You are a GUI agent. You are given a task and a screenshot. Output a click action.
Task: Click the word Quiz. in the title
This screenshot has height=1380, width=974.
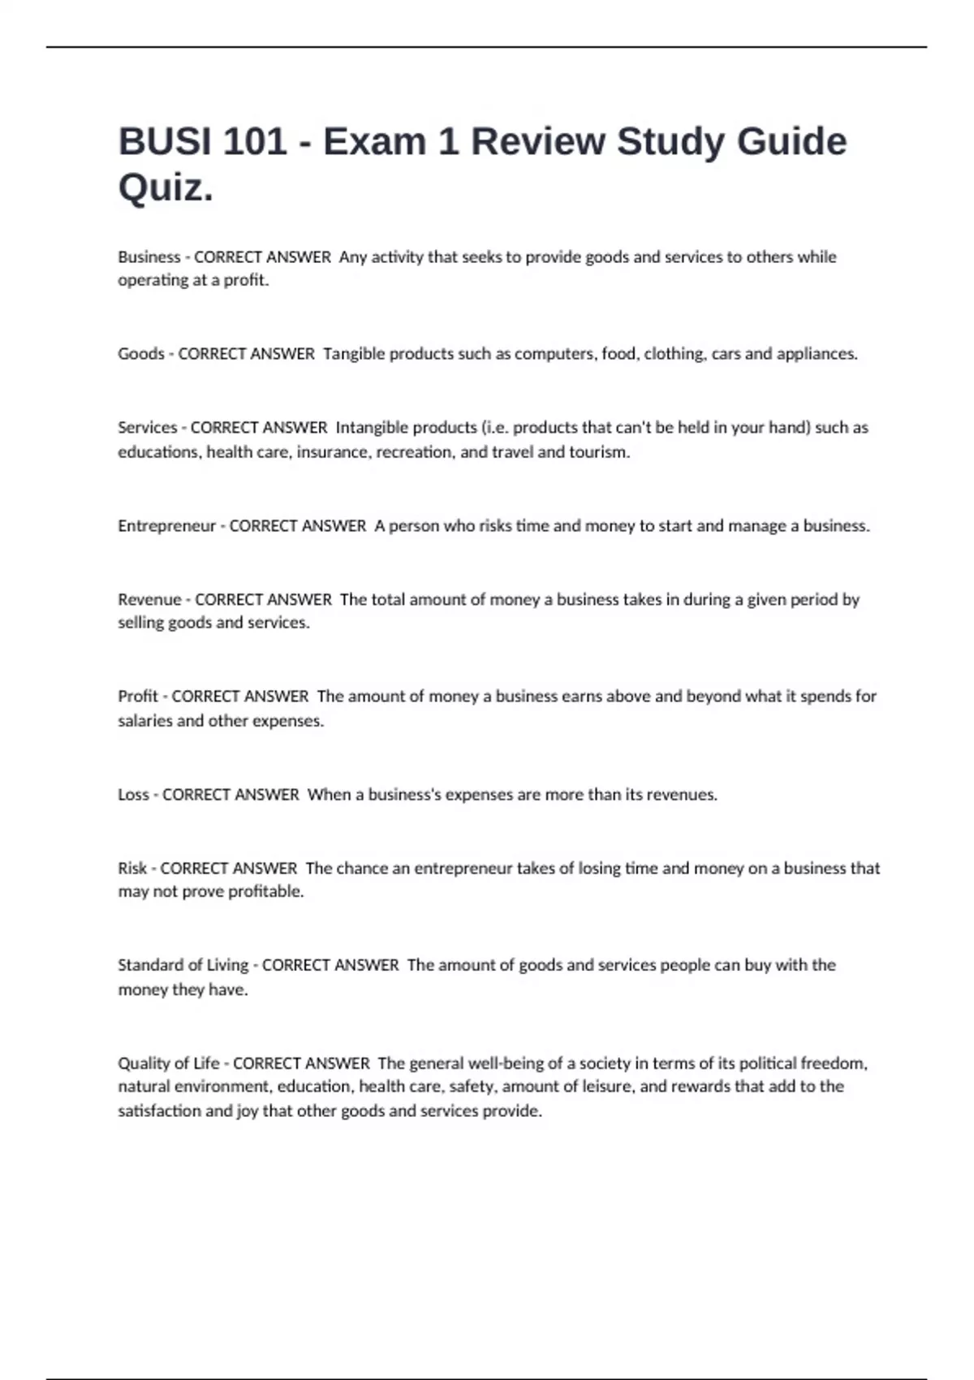(166, 188)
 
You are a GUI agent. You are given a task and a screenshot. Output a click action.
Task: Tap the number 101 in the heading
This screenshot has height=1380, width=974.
(254, 141)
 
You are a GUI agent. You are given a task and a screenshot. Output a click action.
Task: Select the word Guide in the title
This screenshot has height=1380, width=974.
(791, 141)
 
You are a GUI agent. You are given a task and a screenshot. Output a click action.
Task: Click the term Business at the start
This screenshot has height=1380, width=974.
(149, 257)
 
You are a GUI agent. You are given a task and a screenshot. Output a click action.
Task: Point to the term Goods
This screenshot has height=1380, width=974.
(141, 354)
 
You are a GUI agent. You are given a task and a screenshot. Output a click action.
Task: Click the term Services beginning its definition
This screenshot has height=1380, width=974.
(147, 428)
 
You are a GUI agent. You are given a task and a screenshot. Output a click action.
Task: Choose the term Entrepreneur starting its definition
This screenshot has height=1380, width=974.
(166, 526)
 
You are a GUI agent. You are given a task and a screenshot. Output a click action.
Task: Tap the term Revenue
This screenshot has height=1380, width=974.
(149, 600)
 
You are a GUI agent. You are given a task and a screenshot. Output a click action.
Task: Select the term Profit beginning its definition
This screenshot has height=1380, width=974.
(138, 696)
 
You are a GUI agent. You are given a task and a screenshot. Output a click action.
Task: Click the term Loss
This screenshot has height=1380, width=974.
(133, 795)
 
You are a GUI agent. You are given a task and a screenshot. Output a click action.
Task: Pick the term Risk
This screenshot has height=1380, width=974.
(132, 869)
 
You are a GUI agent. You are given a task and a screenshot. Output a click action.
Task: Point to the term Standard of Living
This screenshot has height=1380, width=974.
(183, 965)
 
